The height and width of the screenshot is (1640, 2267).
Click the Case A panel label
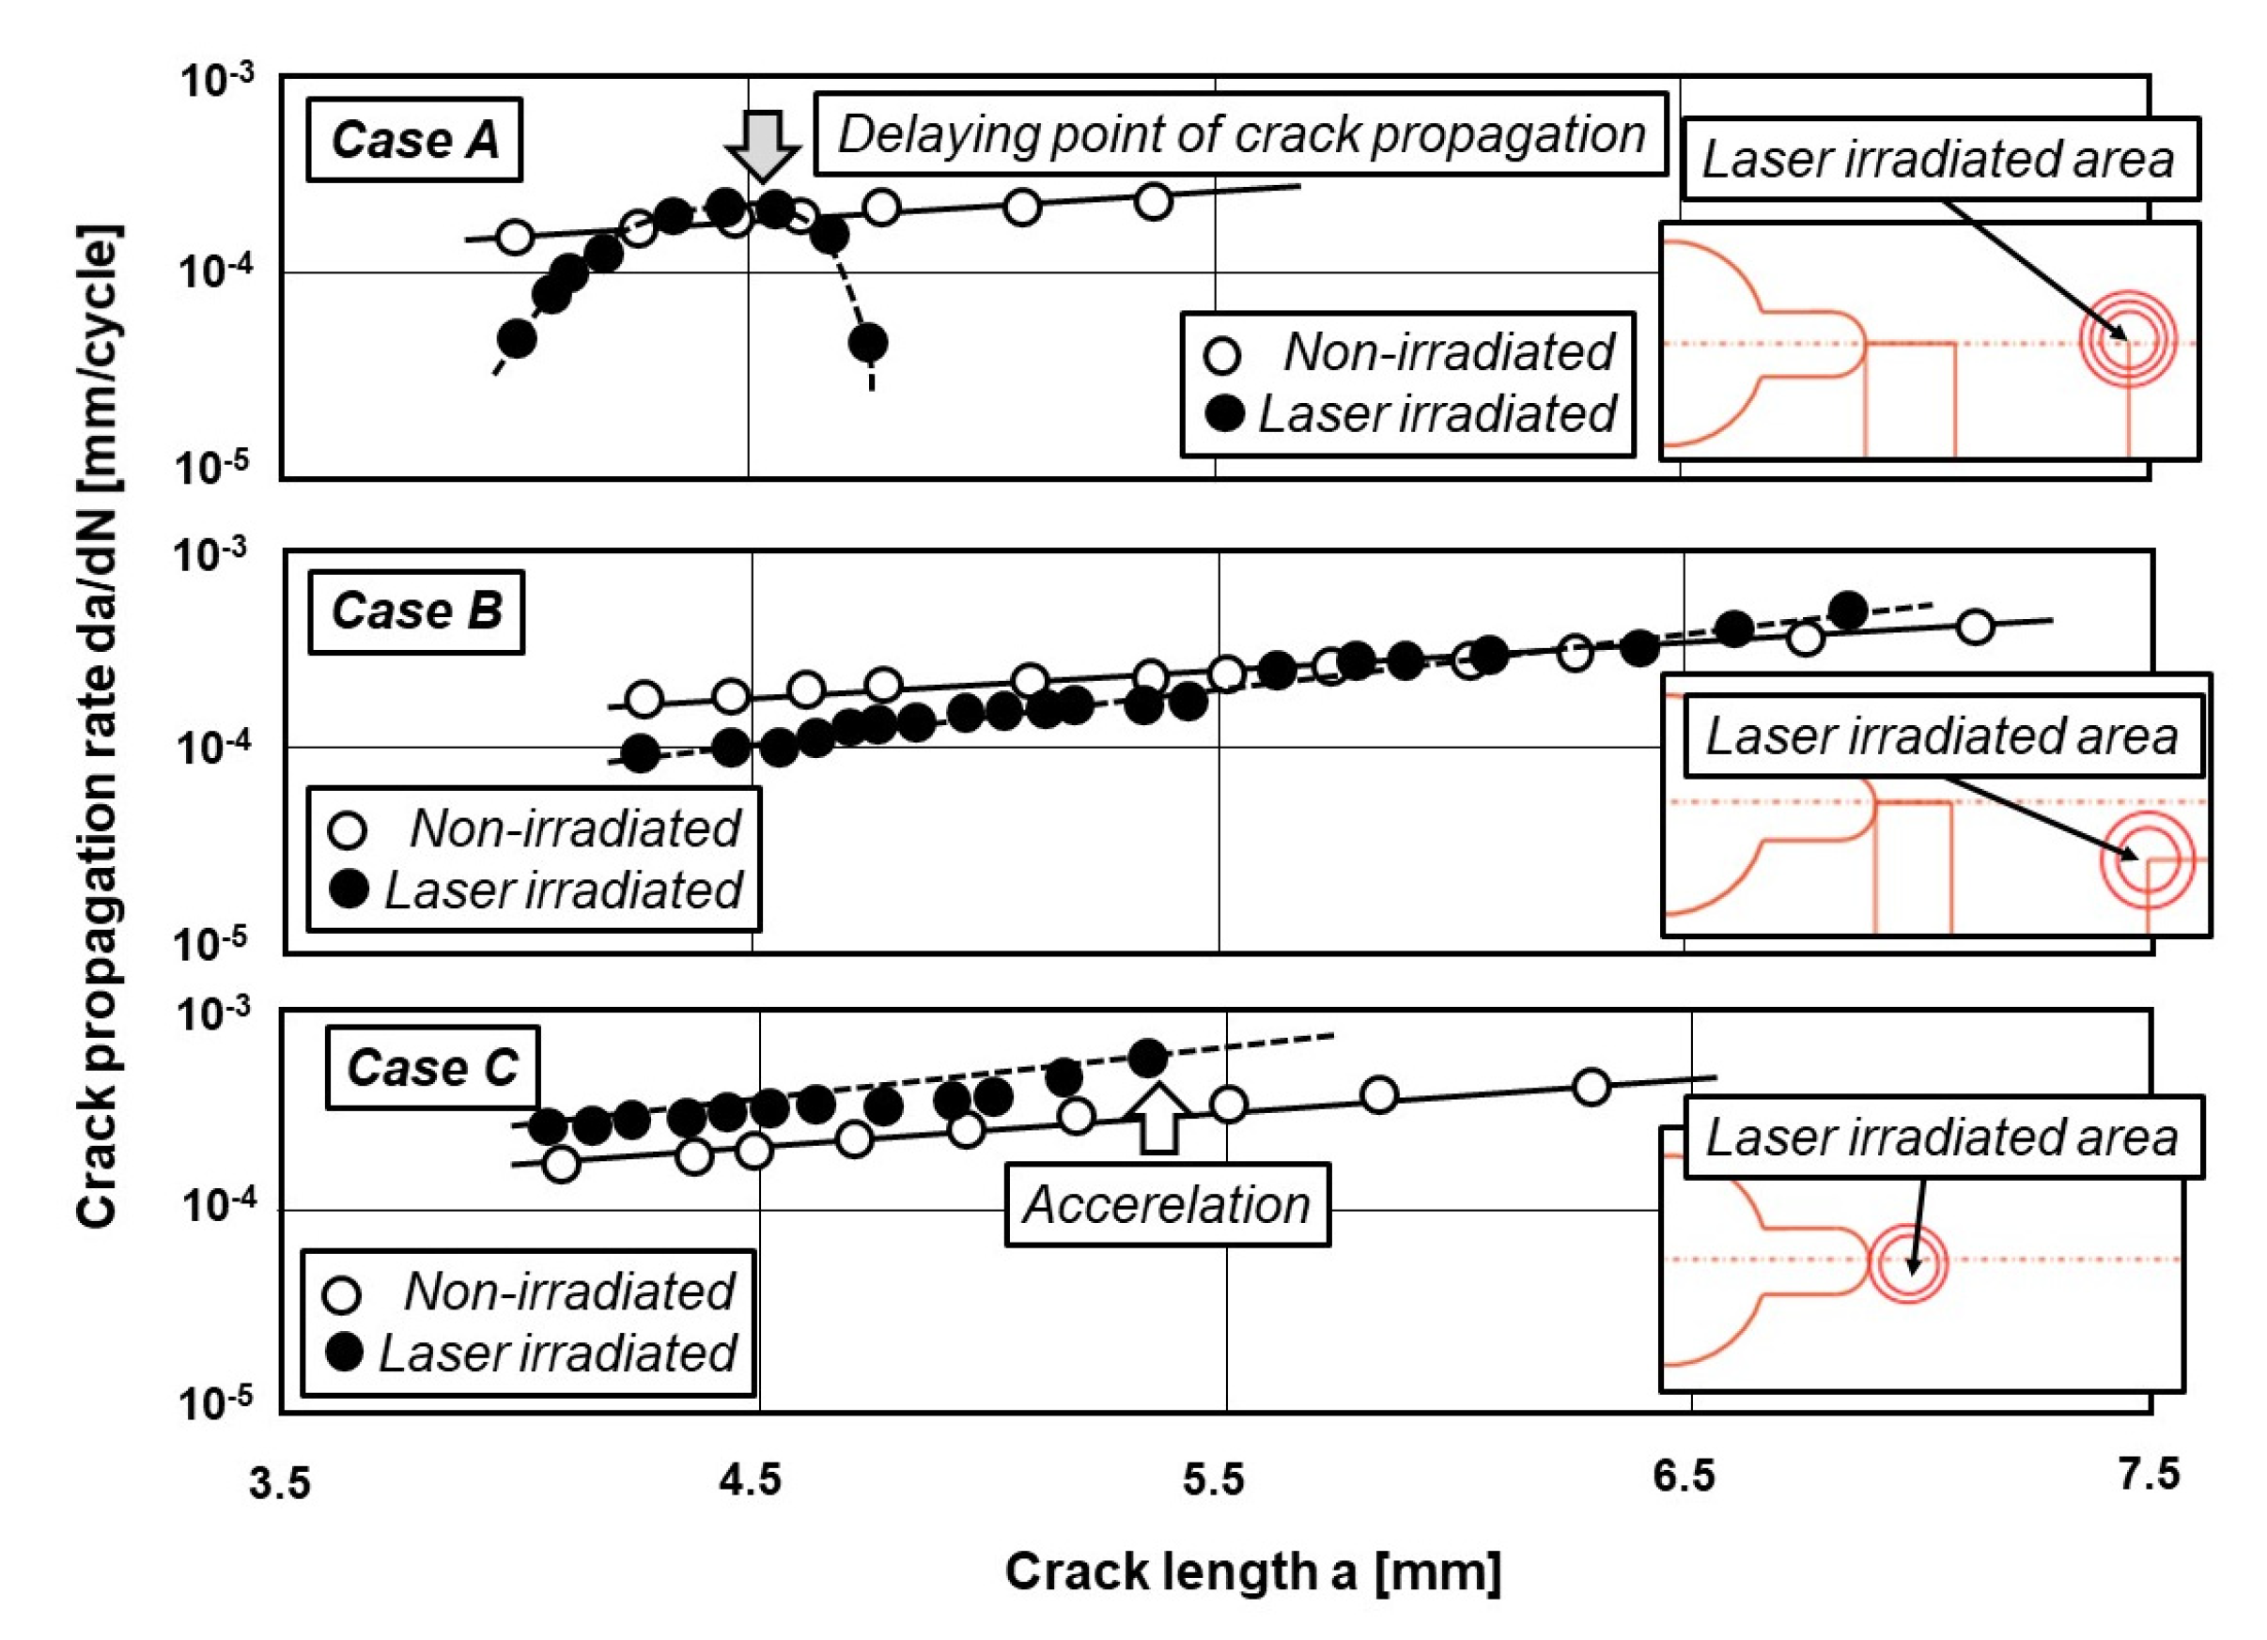[413, 140]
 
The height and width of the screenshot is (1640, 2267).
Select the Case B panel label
[416, 611]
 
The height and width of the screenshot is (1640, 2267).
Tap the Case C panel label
[432, 1068]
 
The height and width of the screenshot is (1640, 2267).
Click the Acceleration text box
[1167, 1204]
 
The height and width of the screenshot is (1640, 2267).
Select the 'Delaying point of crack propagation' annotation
[1240, 135]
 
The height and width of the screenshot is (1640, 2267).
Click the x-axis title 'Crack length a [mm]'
[1252, 1572]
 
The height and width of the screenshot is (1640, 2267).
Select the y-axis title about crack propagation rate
[98, 725]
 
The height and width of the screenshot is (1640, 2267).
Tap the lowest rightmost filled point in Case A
[867, 343]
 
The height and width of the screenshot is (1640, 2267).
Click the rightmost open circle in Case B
[1975, 627]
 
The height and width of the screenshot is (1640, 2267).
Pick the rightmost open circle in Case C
[1592, 1087]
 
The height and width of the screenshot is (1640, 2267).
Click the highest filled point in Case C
[1147, 1057]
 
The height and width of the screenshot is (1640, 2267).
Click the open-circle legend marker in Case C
[343, 1294]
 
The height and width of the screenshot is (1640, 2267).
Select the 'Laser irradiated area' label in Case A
[1939, 160]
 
